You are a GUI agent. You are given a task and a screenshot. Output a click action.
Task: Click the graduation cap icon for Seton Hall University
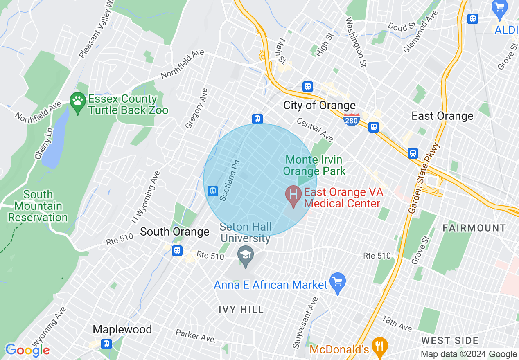pyautogui.click(x=246, y=256)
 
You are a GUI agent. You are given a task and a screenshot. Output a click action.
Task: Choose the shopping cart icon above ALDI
pyautogui.click(x=499, y=8)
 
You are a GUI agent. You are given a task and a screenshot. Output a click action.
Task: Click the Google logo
pyautogui.click(x=27, y=350)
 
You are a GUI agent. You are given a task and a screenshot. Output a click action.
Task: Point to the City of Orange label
pyautogui.click(x=319, y=106)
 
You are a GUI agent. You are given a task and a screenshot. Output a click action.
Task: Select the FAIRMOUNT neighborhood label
pyautogui.click(x=474, y=228)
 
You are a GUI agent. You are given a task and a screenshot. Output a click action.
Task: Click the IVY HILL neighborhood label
pyautogui.click(x=241, y=309)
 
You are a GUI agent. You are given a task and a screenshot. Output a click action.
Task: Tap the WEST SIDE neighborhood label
pyautogui.click(x=450, y=340)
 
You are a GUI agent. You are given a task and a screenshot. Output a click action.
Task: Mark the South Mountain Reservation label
pyautogui.click(x=38, y=206)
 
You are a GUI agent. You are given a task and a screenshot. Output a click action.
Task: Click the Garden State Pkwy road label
pyautogui.click(x=424, y=178)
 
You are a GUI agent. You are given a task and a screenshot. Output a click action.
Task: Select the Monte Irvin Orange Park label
pyautogui.click(x=314, y=165)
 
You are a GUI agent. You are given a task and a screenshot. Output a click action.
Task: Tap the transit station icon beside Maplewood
pyautogui.click(x=107, y=344)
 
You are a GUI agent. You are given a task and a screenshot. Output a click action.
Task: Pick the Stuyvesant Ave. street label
pyautogui.click(x=305, y=322)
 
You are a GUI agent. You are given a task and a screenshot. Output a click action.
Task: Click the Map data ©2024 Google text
pyautogui.click(x=469, y=354)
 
